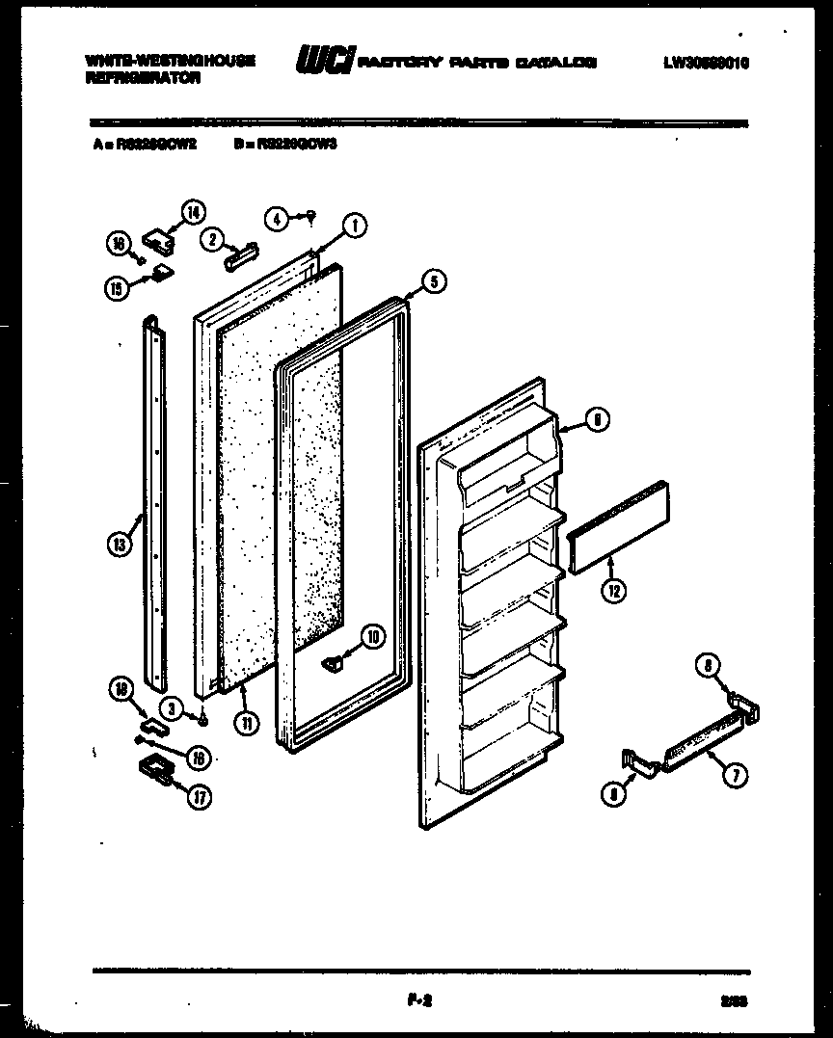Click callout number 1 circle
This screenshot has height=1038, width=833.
354,226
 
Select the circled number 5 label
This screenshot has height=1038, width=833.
434,281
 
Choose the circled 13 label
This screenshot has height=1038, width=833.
119,545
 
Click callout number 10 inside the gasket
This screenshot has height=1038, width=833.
373,635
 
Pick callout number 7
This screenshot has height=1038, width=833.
736,771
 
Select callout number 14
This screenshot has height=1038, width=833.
194,213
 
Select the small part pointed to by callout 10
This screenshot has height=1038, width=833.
334,661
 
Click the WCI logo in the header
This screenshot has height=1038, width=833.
324,61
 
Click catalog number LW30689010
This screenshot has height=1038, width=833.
706,63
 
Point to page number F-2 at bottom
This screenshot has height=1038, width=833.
416,1001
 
